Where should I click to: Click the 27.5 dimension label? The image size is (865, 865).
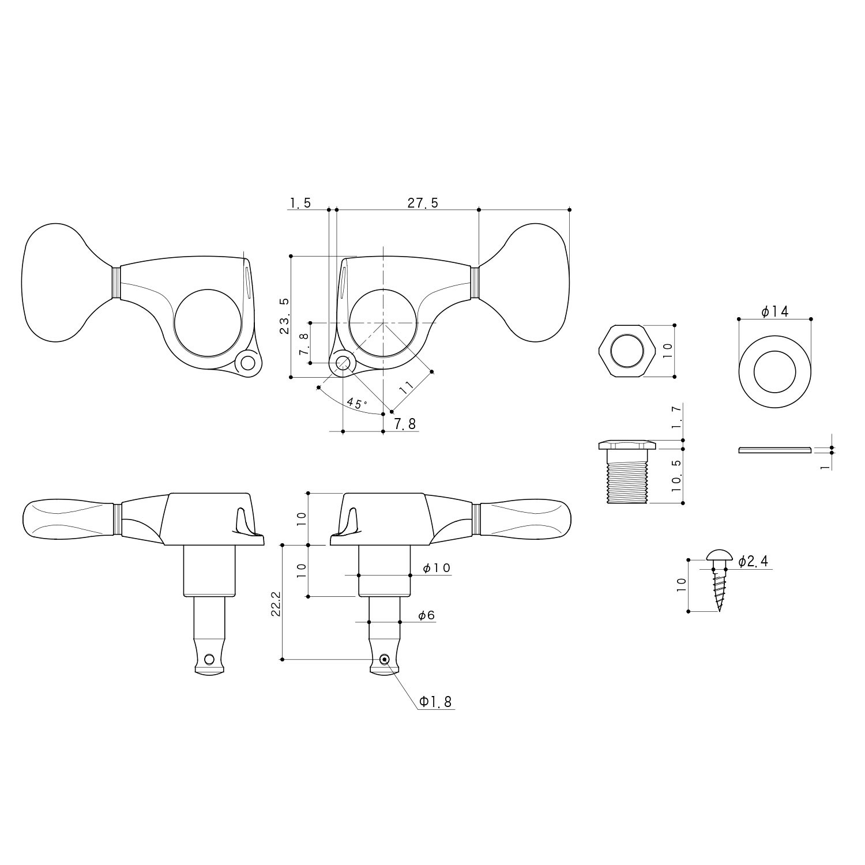423,203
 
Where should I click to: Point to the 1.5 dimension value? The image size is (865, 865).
300,203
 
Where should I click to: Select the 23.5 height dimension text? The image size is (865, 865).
285,317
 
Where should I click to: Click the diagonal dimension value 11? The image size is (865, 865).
407,387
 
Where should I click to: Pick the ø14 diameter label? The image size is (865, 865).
774,312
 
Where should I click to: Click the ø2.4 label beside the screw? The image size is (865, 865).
753,561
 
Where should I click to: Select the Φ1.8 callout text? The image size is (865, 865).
435,702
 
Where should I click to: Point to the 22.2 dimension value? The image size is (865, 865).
276,603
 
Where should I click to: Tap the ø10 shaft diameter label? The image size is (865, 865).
436,568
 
